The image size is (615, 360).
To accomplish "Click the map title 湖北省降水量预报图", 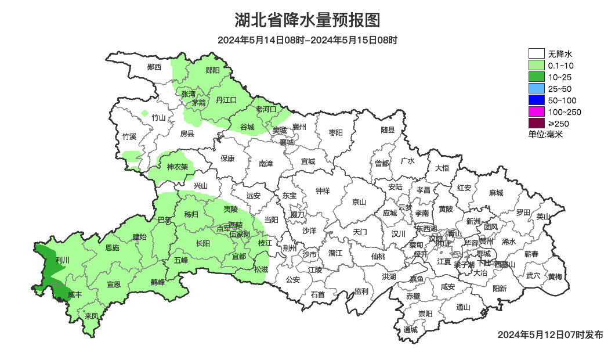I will coord(307,20).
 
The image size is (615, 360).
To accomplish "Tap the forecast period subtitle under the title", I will coord(307,40).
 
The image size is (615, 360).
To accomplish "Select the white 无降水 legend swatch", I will coord(536,54).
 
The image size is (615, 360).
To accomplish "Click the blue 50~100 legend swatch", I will coord(536,100).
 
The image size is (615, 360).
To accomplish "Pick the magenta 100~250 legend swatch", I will coord(536,111).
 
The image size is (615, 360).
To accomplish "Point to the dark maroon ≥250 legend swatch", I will coord(536,123).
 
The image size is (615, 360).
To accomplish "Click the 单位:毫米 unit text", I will coord(545,134).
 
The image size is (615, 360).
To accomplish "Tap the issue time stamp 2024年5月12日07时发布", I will coord(550,334).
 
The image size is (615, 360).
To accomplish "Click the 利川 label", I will coord(62,261).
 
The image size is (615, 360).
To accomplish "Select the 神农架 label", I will coord(177,167).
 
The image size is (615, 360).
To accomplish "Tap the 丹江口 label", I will coord(226,100).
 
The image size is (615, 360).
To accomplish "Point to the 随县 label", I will coord(388,131).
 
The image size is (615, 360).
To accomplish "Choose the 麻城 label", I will coord(495,193).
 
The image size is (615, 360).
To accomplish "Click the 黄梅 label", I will coord(555,276).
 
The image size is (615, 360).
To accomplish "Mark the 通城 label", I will coord(411,330).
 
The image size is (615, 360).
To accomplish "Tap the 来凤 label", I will coord(91,316).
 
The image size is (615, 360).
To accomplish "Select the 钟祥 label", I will coord(323,190).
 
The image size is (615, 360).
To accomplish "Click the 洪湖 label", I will coord(389,276).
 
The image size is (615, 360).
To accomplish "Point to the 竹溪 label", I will coord(129,137).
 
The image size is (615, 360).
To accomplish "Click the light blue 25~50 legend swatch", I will coord(536,88).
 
